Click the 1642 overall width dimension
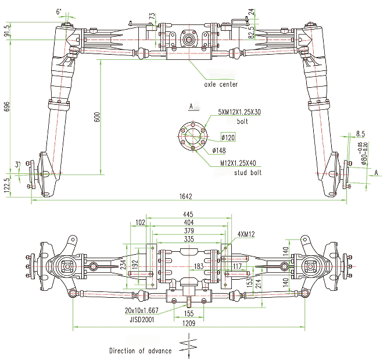point(185,197)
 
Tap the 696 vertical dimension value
point(7,106)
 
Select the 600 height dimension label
point(97,117)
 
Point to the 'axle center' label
point(221,84)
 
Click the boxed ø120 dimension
point(228,137)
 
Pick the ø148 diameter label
point(219,150)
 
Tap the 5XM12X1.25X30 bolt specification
point(239,112)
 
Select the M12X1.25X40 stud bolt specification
point(238,163)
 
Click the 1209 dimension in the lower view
point(189,323)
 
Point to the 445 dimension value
point(188,214)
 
